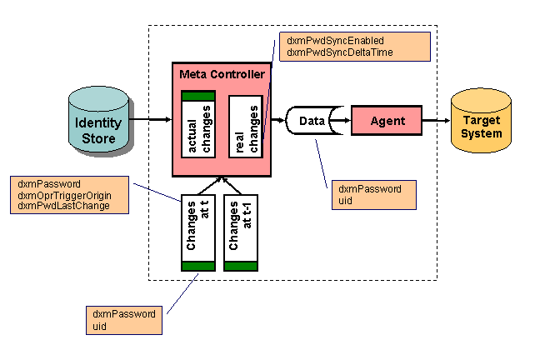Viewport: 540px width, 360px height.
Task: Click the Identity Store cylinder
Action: point(98,124)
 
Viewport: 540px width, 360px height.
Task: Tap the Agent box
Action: point(387,121)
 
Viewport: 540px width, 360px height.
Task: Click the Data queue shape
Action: point(312,121)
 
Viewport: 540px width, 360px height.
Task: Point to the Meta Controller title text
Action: point(222,75)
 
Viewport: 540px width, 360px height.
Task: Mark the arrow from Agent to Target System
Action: point(435,121)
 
